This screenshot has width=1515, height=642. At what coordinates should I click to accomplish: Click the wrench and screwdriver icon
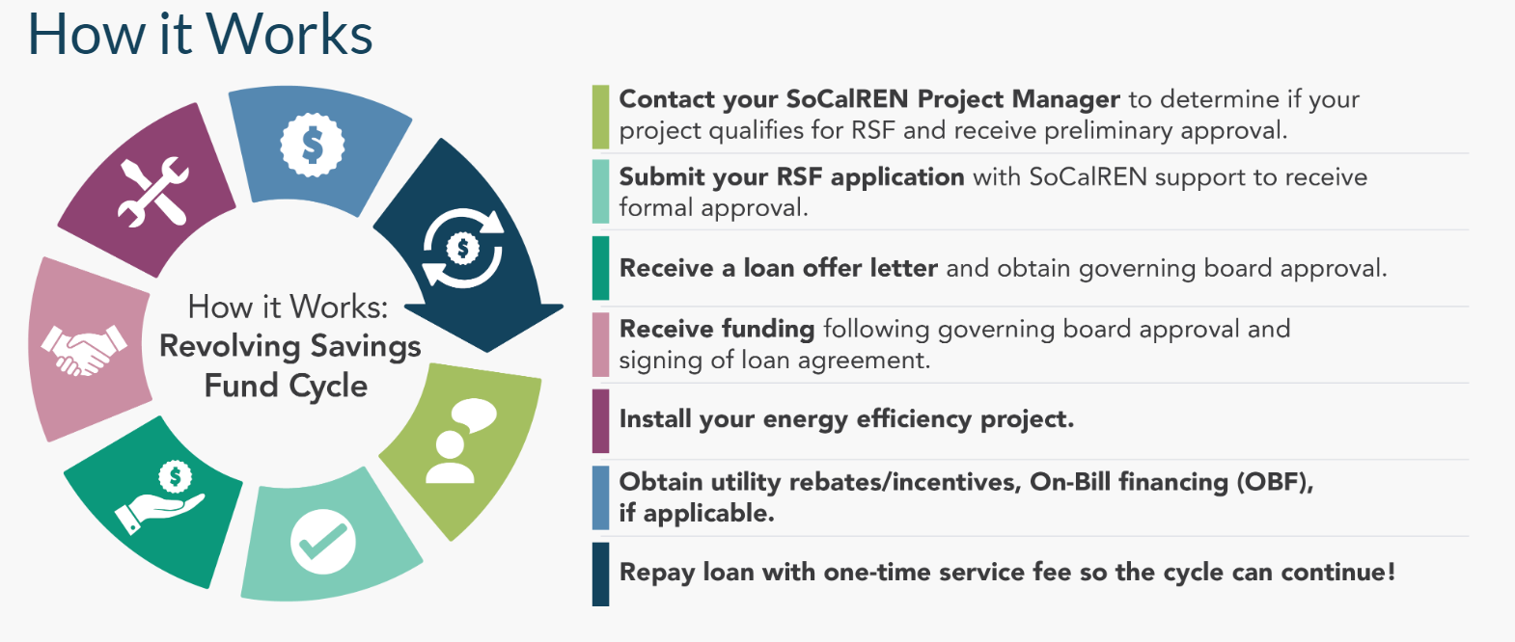[x=152, y=191]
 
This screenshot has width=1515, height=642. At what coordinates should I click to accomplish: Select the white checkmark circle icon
[x=323, y=541]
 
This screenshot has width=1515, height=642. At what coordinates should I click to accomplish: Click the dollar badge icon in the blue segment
[x=312, y=146]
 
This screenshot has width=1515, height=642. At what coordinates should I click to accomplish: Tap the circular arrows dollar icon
[x=463, y=249]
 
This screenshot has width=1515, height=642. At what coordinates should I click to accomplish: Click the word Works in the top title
[x=289, y=35]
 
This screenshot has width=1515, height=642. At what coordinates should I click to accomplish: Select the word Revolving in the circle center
[x=230, y=346]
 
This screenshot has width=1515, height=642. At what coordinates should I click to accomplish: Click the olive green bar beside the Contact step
[x=600, y=117]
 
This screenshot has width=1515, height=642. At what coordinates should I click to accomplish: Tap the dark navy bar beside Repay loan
[x=600, y=574]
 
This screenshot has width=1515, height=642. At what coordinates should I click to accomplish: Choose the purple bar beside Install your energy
[x=600, y=420]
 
